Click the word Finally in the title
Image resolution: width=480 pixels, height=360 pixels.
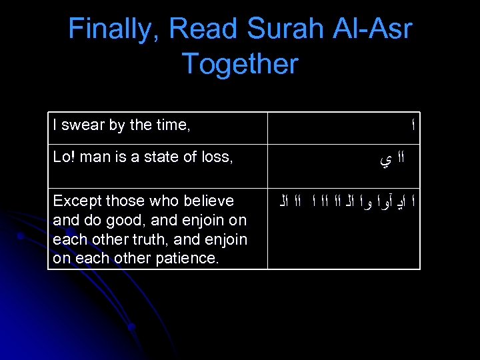click(x=113, y=29)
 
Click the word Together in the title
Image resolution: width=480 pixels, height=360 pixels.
click(x=240, y=65)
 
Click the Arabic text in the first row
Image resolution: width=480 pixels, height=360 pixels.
click(x=413, y=125)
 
